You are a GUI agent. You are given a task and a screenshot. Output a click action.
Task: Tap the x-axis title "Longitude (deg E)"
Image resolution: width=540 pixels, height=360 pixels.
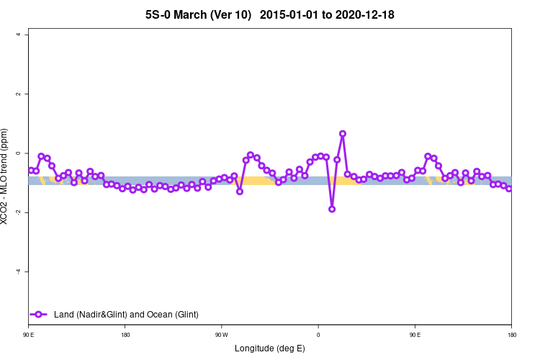(x=270, y=348)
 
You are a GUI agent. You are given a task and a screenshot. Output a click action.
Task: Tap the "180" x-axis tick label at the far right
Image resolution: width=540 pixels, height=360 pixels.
(x=511, y=336)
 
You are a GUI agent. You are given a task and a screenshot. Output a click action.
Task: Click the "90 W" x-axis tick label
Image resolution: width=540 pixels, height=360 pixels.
(x=221, y=336)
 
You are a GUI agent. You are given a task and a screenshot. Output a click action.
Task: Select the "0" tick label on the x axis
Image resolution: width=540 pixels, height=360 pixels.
(x=318, y=336)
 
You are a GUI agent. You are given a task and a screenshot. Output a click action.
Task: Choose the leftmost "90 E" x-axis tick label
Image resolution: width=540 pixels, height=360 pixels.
(x=29, y=336)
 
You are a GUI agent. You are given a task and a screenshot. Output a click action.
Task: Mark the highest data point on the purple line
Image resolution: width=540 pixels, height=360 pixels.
(x=343, y=134)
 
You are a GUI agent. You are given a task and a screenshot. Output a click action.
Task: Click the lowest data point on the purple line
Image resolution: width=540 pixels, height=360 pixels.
(x=332, y=209)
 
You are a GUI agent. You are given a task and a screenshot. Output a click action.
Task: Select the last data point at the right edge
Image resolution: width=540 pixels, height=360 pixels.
(x=510, y=189)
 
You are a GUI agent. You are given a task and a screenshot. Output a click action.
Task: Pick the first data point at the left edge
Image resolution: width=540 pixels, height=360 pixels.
(x=30, y=170)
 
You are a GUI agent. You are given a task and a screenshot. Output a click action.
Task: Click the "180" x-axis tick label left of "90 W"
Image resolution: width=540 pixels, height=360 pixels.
(x=125, y=336)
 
